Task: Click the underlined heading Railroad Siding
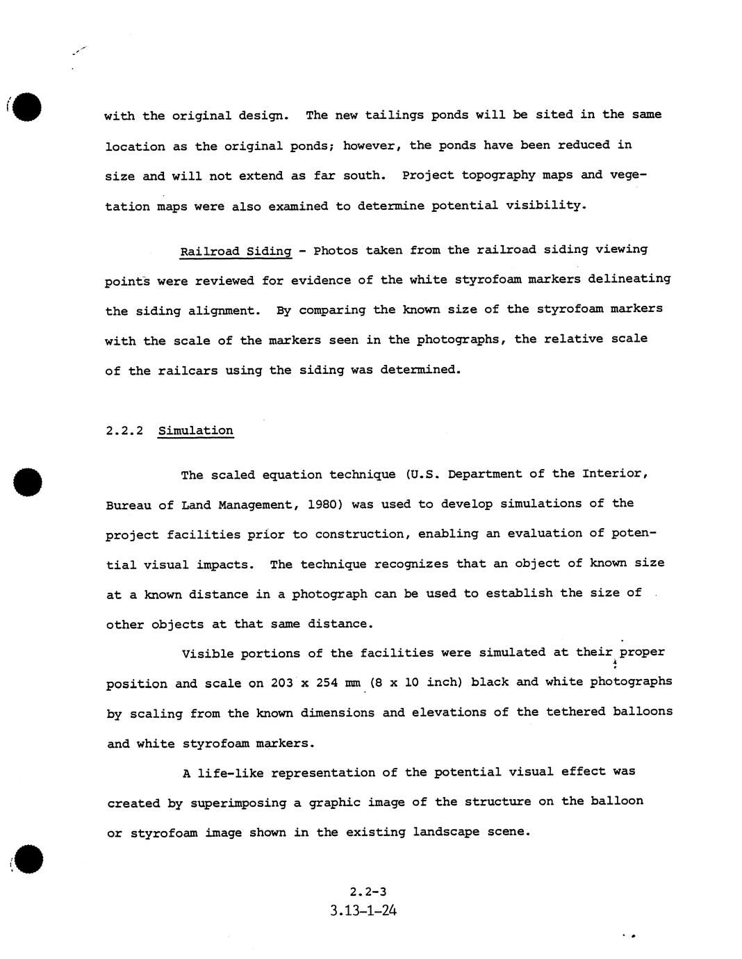click(x=236, y=251)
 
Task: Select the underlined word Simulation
click(x=196, y=431)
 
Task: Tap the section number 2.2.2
click(x=124, y=431)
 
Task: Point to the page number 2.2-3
click(x=368, y=892)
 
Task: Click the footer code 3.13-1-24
click(x=364, y=910)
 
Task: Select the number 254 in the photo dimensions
click(x=327, y=683)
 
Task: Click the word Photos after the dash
click(x=336, y=250)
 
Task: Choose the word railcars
click(x=188, y=370)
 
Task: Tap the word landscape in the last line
click(x=450, y=832)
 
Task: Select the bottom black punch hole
click(x=28, y=860)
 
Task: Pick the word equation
click(x=292, y=475)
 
